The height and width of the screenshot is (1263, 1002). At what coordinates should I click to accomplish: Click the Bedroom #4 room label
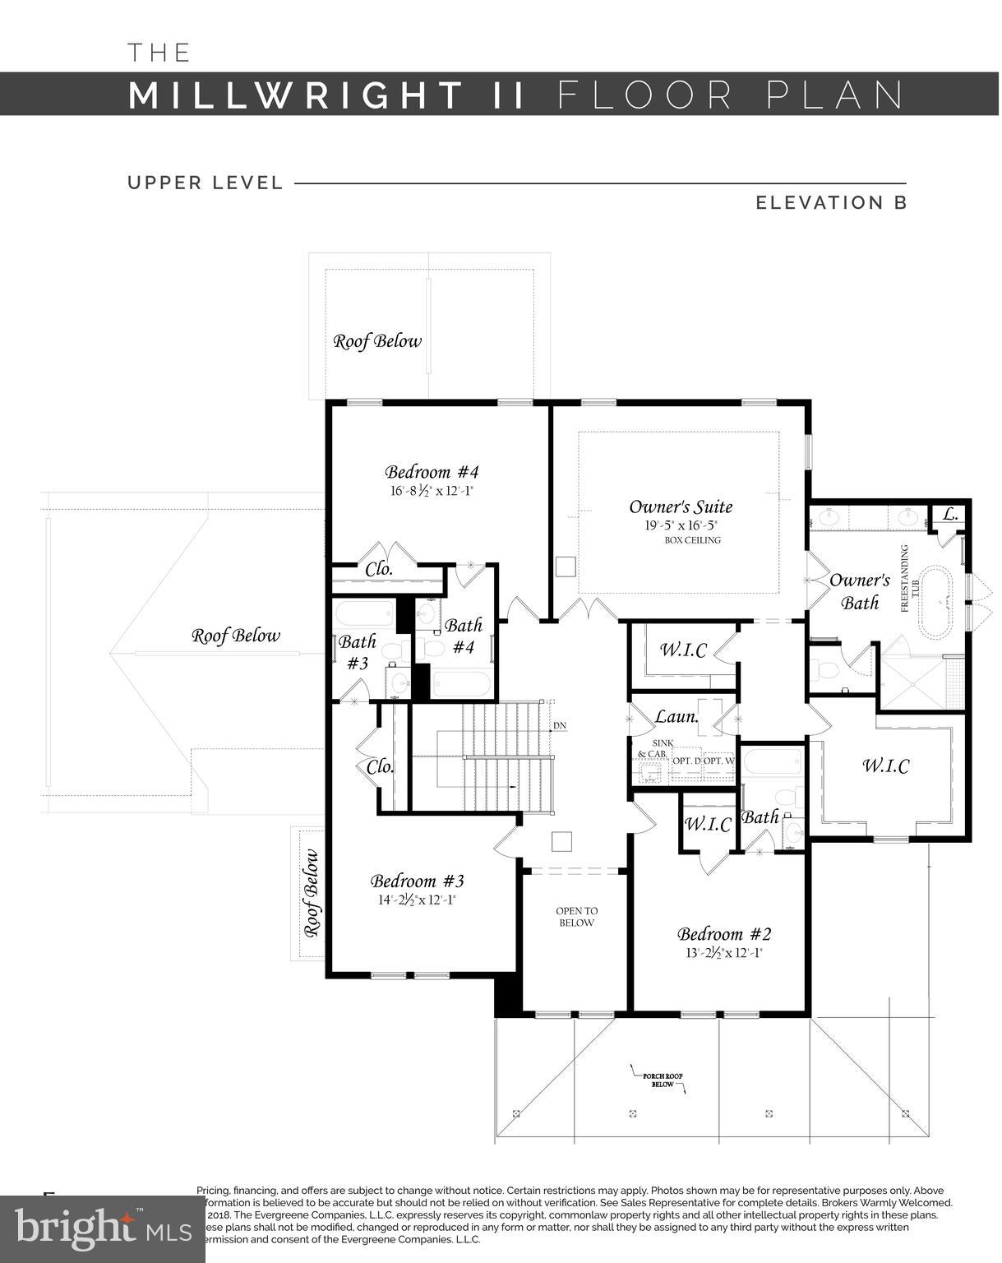(432, 472)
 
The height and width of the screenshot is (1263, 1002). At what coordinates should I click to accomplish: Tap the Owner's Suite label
(681, 507)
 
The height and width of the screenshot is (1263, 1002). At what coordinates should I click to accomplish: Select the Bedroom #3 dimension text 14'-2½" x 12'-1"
(417, 900)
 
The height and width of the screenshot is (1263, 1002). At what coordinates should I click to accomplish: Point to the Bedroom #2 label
(724, 934)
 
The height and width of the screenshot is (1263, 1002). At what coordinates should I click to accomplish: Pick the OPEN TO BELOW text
(576, 917)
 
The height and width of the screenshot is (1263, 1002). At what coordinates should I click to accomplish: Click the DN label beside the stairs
(559, 725)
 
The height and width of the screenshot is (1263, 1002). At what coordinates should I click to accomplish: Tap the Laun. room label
(676, 716)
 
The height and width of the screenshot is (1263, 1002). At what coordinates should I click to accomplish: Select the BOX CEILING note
(692, 540)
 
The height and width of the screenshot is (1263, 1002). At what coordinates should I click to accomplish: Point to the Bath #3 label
(358, 651)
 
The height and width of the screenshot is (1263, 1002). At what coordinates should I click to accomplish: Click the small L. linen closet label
(949, 515)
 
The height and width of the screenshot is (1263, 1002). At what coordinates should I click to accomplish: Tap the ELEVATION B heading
(831, 202)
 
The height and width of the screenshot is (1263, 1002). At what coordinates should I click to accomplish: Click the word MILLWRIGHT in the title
(296, 95)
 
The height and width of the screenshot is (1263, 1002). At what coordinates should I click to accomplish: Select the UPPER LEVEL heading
(205, 183)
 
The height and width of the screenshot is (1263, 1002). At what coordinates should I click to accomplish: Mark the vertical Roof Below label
(312, 893)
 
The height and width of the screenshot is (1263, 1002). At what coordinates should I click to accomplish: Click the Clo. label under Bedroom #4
(379, 568)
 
